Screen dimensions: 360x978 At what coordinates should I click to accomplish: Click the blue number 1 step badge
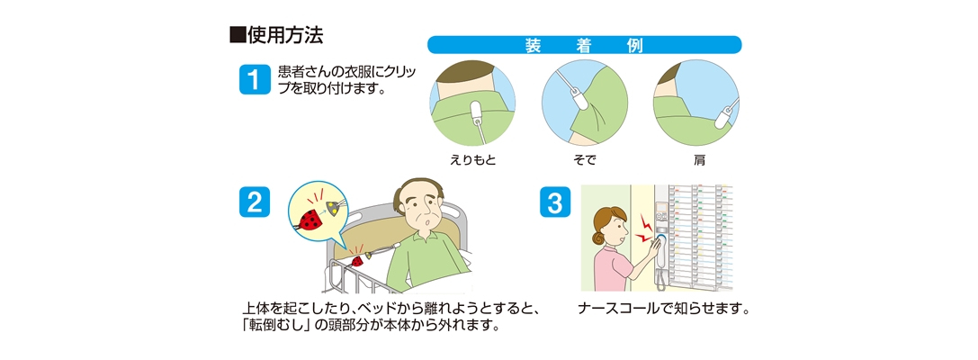point(254,79)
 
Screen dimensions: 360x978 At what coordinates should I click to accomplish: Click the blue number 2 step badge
point(254,202)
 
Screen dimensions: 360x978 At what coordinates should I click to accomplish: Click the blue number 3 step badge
point(554,202)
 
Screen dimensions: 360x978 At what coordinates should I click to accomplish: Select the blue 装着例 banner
point(584,45)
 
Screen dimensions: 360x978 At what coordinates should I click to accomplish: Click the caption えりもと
point(473,159)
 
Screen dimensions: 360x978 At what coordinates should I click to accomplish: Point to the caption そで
point(584,159)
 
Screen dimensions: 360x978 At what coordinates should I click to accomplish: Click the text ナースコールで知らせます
point(664,309)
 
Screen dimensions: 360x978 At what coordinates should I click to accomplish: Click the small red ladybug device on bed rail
point(357,260)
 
